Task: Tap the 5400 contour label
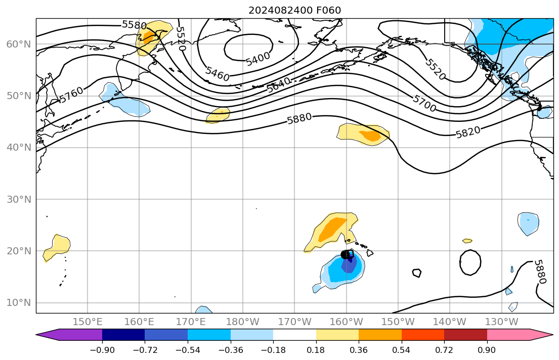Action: pyautogui.click(x=258, y=59)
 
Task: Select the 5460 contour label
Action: pyautogui.click(x=218, y=74)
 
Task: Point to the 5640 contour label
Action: pyautogui.click(x=279, y=84)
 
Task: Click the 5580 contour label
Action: pyautogui.click(x=134, y=25)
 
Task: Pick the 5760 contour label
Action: pyautogui.click(x=71, y=95)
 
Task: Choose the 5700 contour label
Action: pyautogui.click(x=424, y=100)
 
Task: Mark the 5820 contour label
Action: pyautogui.click(x=468, y=132)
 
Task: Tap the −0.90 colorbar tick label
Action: pyautogui.click(x=102, y=350)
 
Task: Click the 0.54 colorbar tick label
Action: pyautogui.click(x=401, y=350)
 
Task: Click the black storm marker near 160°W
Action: pyautogui.click(x=347, y=254)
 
